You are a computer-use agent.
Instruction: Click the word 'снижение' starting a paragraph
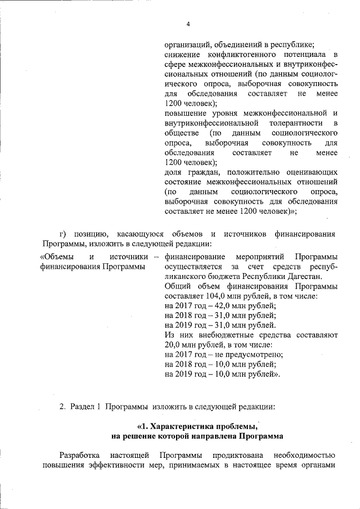tap(181, 54)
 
